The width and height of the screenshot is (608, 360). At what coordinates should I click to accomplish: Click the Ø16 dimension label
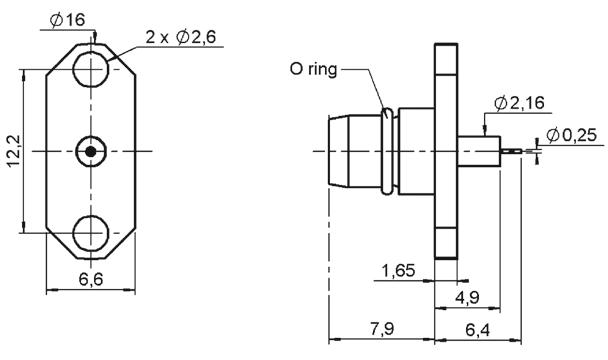[x=67, y=20]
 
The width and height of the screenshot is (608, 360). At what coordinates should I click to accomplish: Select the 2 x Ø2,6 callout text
[x=181, y=37]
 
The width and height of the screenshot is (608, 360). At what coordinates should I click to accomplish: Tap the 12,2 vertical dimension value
[x=14, y=151]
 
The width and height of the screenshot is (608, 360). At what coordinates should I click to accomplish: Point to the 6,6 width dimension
[x=91, y=279]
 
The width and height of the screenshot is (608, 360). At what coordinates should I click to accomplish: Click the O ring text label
[x=314, y=70]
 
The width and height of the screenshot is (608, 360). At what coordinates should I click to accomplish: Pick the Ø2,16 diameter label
[x=520, y=103]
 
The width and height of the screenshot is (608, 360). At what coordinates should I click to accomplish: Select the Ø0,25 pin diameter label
[x=572, y=135]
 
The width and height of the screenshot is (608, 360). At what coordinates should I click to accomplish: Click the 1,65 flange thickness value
[x=399, y=270]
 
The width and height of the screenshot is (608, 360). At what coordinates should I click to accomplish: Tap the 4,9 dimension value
[x=467, y=298]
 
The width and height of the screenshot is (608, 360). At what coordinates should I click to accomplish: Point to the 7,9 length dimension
[x=382, y=329]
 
